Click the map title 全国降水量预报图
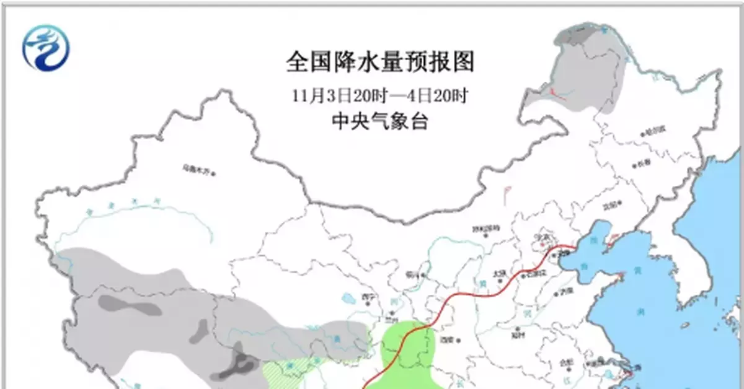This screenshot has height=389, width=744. point(380,62)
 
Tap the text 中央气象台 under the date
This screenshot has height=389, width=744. point(380,122)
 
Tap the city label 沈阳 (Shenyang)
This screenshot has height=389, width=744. point(611,208)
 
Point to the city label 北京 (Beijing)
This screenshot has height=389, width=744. point(544,237)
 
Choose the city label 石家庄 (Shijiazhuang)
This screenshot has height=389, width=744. point(534,273)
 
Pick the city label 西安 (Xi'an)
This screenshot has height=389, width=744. point(446,339)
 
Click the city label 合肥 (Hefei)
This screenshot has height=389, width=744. point(564,363)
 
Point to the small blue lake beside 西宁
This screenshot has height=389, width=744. point(348,299)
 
